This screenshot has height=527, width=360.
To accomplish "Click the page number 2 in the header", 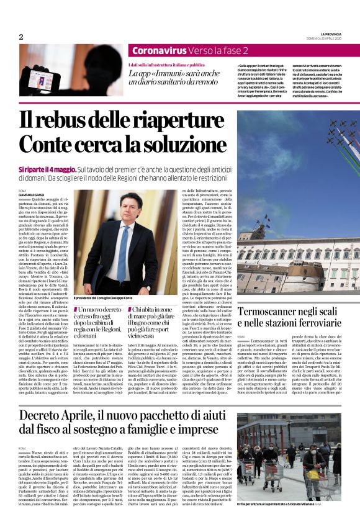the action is coord(21,37).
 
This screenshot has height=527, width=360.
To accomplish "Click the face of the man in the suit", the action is coord(124,209).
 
